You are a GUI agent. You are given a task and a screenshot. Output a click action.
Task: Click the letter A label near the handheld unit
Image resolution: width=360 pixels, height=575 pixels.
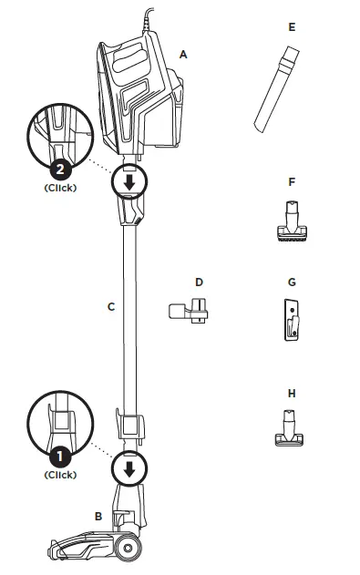(x=183, y=55)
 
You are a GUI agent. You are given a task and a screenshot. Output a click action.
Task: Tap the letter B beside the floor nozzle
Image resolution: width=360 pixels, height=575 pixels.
(x=98, y=517)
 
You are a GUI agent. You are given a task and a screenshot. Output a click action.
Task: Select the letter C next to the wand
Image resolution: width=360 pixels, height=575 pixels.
(x=110, y=307)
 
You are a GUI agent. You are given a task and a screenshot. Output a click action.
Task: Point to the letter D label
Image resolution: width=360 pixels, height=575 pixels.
(x=198, y=282)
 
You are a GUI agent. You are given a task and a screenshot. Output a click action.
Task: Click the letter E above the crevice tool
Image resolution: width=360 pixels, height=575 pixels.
(x=292, y=27)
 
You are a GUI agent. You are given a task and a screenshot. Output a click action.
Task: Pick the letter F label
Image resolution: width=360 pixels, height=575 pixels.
(x=292, y=182)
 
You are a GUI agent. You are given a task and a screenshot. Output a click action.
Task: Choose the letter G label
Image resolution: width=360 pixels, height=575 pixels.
(x=292, y=283)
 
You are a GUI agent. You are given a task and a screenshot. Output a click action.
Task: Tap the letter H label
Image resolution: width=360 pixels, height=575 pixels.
(x=292, y=394)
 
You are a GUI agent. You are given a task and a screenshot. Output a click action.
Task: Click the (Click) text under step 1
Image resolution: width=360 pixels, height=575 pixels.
(x=60, y=475)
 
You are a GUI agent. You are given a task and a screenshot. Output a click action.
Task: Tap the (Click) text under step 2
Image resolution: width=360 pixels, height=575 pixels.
(x=60, y=189)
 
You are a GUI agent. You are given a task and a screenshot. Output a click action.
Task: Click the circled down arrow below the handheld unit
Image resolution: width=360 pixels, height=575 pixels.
(x=129, y=182)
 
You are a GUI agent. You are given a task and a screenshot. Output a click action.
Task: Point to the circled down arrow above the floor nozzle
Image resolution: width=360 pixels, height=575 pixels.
(x=129, y=469)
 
